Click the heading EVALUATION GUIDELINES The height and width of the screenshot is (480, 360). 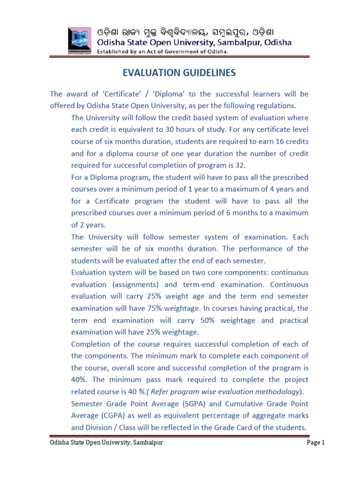pos(180,73)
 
